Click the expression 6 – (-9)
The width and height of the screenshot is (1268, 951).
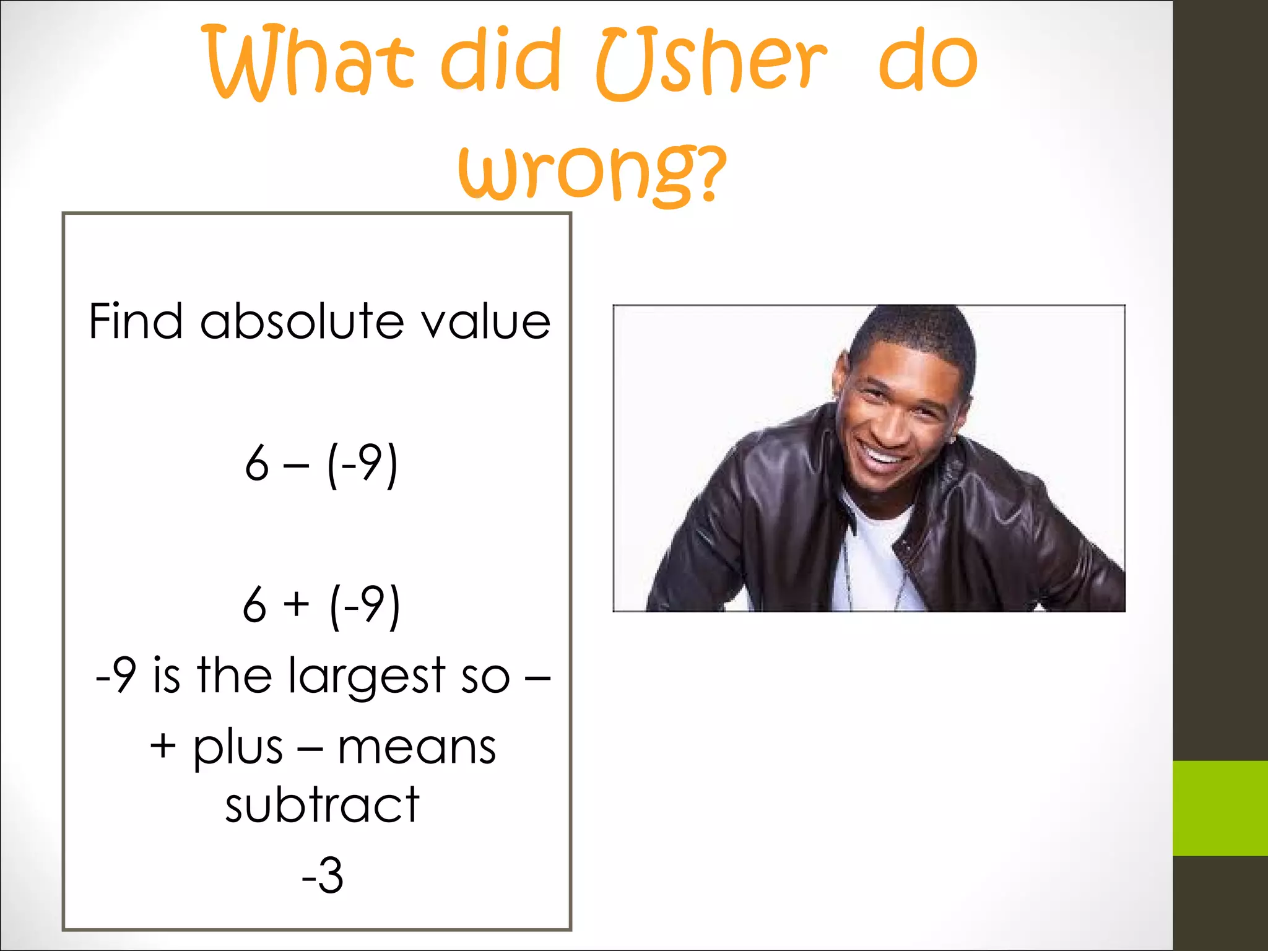click(x=321, y=464)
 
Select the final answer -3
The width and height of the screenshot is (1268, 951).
click(x=322, y=875)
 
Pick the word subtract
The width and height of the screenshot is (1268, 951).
click(x=322, y=805)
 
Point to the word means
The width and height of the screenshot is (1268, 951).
click(x=416, y=747)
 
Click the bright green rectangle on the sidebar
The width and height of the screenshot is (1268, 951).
click(x=1220, y=808)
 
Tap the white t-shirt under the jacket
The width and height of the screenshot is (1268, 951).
click(x=870, y=557)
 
